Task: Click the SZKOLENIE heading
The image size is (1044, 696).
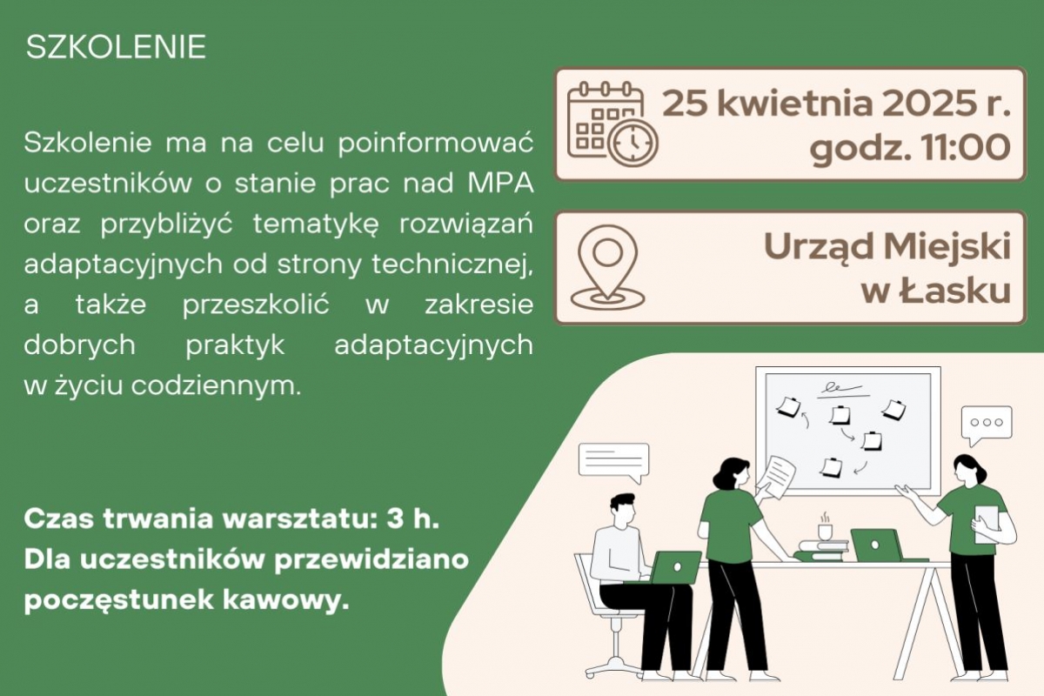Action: (x=116, y=47)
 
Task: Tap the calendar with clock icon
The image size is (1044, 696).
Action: (x=612, y=124)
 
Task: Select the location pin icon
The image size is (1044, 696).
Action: (x=608, y=268)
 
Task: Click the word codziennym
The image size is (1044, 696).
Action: (x=216, y=386)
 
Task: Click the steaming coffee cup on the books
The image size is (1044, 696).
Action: (x=825, y=526)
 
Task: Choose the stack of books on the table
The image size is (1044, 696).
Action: (x=821, y=550)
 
